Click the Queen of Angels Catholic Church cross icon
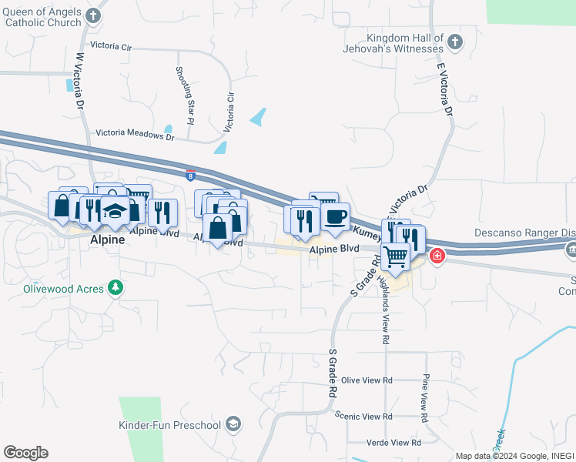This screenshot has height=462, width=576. [93, 15]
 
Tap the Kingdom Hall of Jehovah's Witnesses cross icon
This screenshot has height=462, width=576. [455, 43]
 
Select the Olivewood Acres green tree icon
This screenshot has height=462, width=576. [116, 287]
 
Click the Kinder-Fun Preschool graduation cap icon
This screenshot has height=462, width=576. [234, 424]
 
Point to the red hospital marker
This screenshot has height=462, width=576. [437, 256]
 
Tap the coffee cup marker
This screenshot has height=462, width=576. [335, 217]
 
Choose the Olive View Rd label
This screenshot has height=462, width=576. [367, 380]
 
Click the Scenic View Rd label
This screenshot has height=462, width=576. [364, 416]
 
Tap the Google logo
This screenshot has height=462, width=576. [25, 453]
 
